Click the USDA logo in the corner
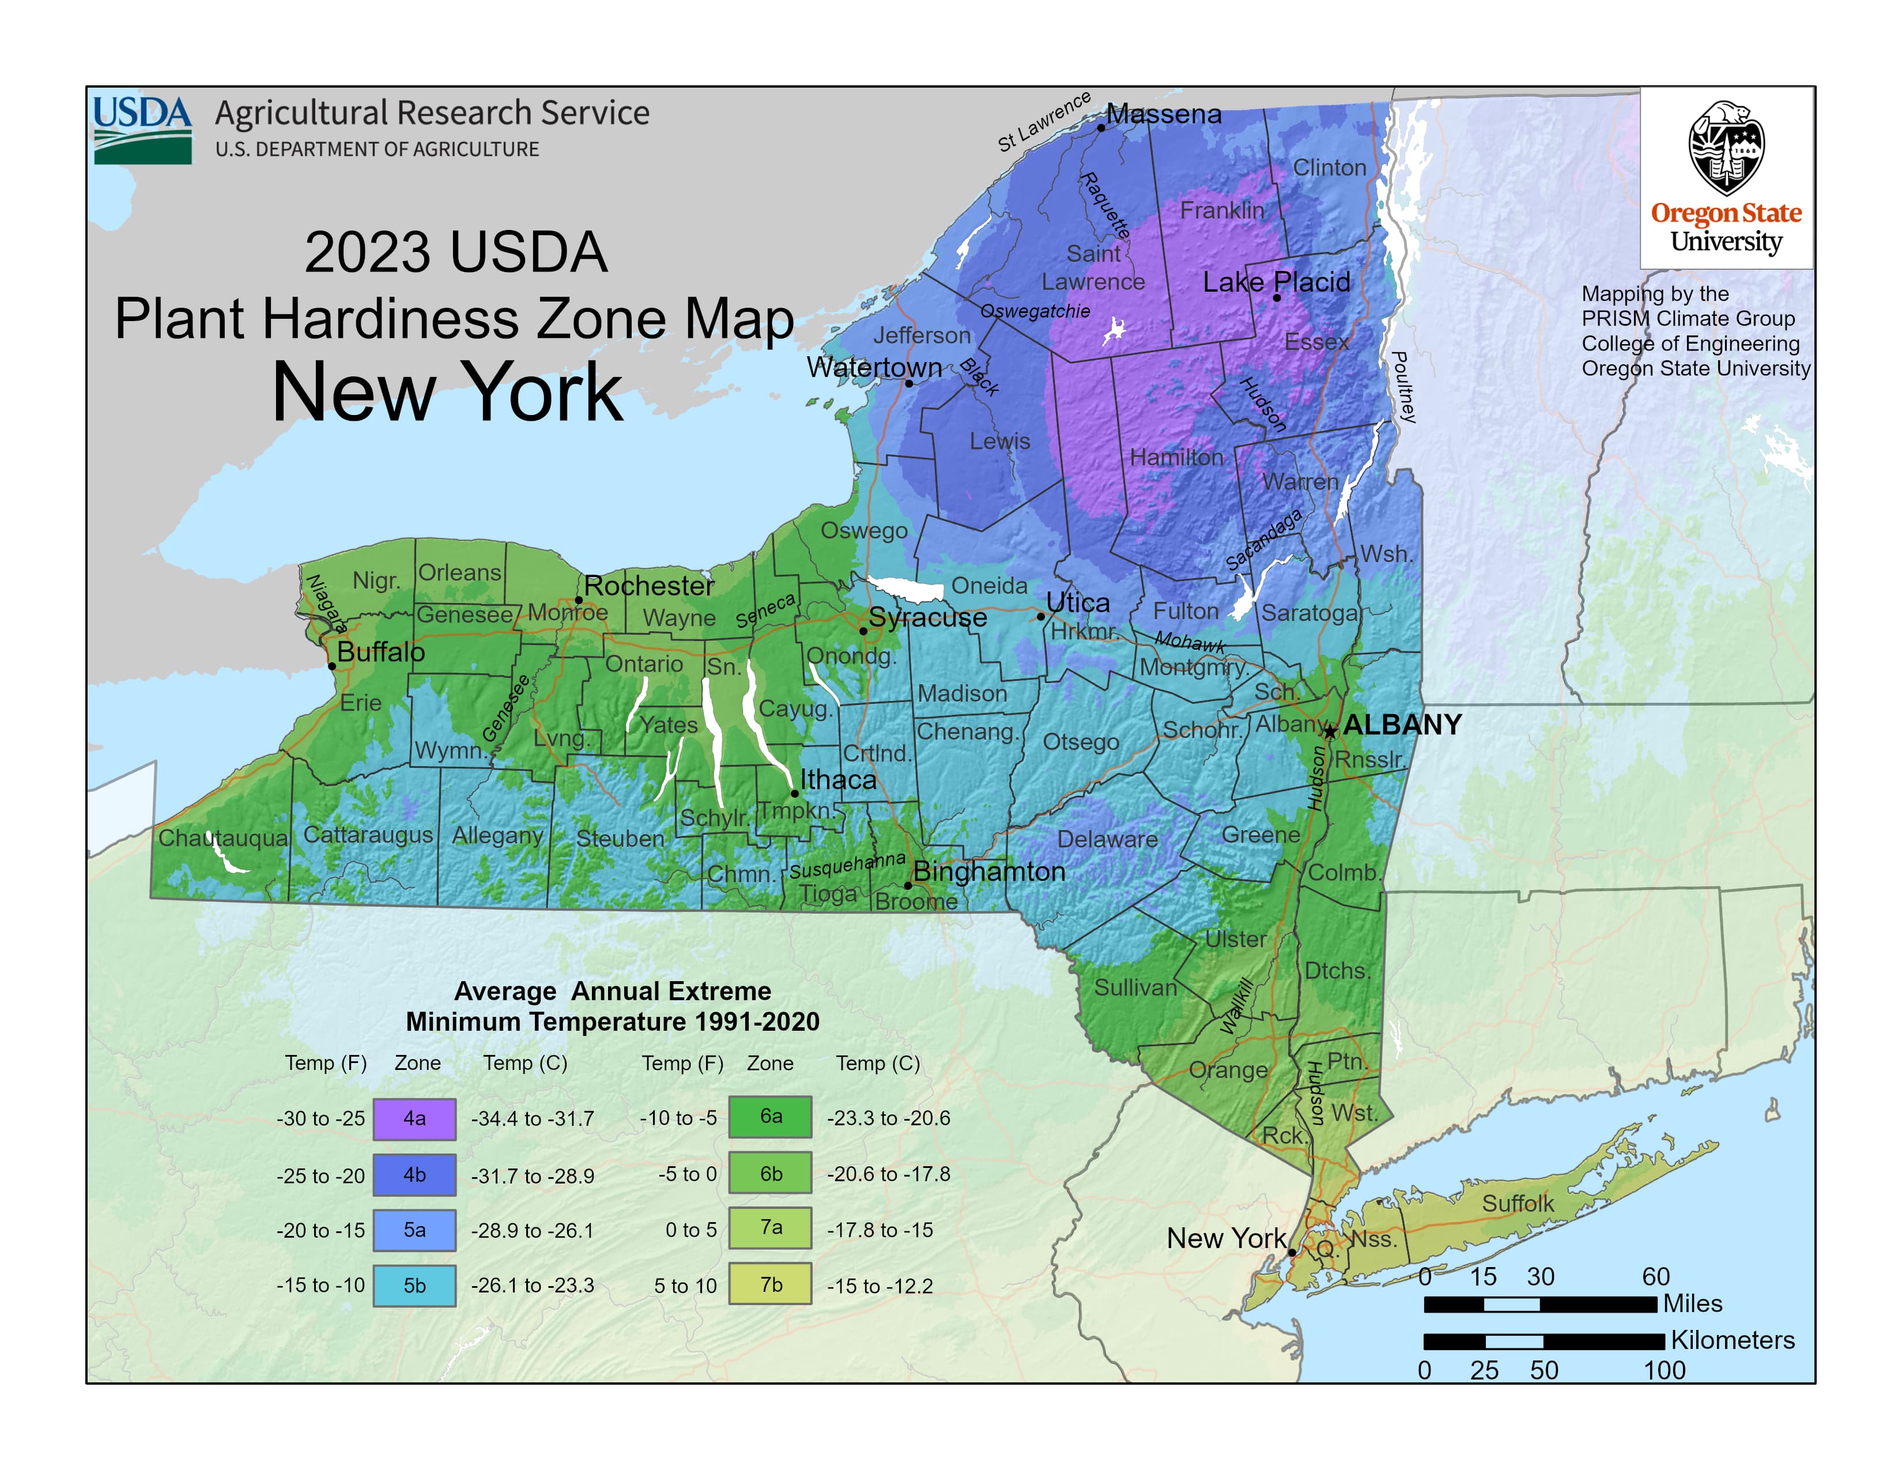(142, 130)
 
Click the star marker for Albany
(1330, 732)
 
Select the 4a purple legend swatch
(414, 1119)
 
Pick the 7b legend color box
(771, 1284)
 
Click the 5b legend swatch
(414, 1286)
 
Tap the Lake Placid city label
(1276, 282)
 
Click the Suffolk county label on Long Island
(1518, 1204)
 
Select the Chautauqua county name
(223, 838)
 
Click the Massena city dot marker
(1101, 127)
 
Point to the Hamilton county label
(1176, 457)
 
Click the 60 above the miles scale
(1655, 1277)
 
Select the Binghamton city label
(989, 872)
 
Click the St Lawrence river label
(1044, 122)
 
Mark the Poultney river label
(1402, 387)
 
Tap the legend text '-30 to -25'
(320, 1119)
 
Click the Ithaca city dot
(794, 793)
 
